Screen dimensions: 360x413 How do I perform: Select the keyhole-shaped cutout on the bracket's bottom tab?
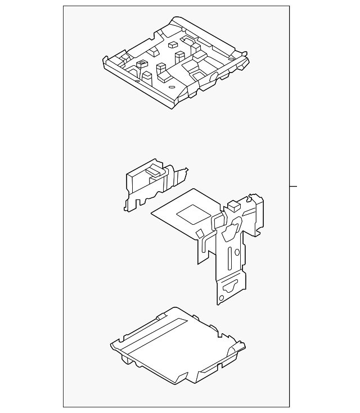tap(231, 287)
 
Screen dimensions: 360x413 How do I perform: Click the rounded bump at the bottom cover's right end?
tap(240, 348)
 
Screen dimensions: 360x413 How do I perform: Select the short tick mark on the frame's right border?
tap(293, 186)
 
